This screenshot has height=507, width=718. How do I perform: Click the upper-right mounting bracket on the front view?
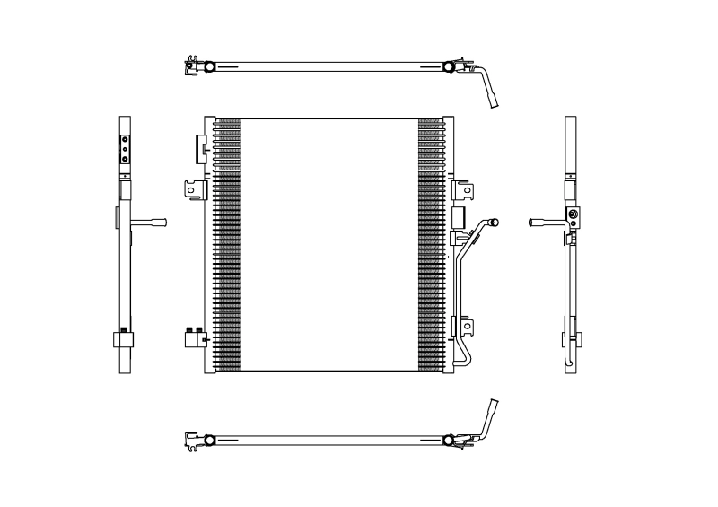(x=464, y=191)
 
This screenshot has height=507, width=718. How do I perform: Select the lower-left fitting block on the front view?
(x=192, y=337)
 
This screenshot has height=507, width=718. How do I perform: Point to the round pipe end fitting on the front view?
(x=492, y=220)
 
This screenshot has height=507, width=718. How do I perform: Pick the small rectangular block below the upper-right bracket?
(x=457, y=217)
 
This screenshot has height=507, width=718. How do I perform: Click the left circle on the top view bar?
(x=209, y=66)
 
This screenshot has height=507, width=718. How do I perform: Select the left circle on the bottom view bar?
(x=209, y=440)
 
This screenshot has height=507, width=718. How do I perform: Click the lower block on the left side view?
(x=125, y=339)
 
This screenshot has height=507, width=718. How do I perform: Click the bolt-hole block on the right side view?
(x=572, y=215)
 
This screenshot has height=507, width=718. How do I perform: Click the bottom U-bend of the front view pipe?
(x=461, y=360)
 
